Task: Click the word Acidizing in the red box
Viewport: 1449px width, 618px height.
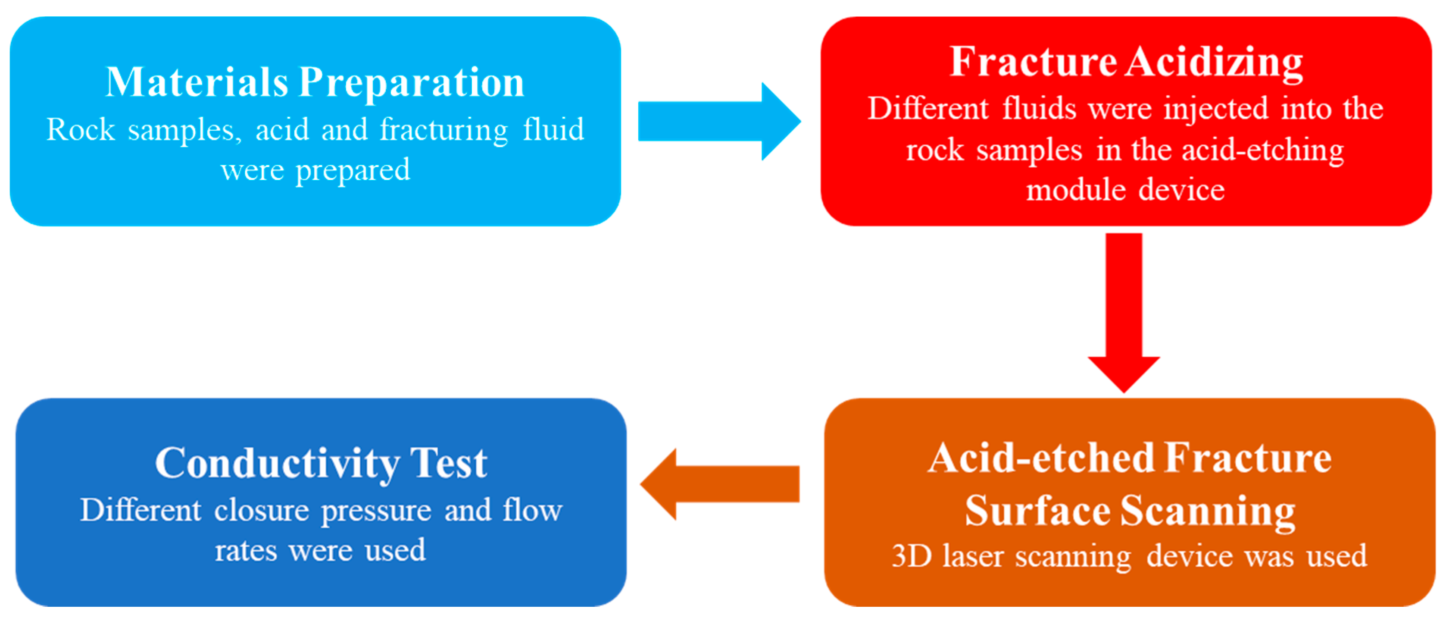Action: (x=1215, y=62)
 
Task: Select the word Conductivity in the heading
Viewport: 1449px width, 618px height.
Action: (x=277, y=463)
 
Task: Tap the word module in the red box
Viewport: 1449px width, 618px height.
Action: (x=1075, y=190)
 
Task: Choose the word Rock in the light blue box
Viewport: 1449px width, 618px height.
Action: (x=81, y=130)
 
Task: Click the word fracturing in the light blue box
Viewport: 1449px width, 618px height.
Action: (x=444, y=130)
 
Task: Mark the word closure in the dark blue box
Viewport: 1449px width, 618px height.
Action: (x=261, y=511)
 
